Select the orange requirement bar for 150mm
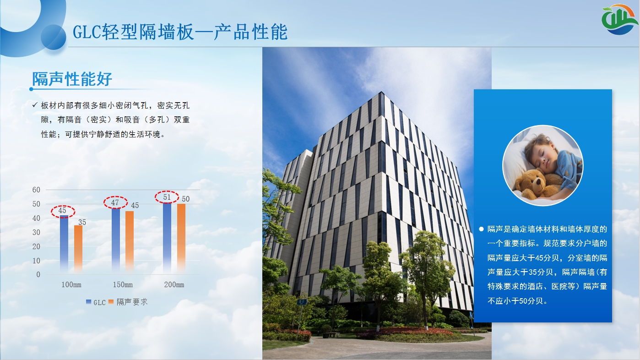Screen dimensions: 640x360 (x=130, y=242)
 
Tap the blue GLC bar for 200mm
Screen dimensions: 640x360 (x=167, y=238)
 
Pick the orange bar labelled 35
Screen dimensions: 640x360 (x=78, y=249)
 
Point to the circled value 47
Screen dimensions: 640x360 (x=115, y=202)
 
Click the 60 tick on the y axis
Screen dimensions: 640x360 (x=36, y=190)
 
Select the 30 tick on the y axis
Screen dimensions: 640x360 (x=36, y=232)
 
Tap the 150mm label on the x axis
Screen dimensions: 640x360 (x=123, y=284)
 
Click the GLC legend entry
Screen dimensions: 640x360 (x=96, y=302)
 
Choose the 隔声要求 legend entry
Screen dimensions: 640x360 (x=128, y=302)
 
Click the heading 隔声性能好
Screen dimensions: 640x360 (x=72, y=79)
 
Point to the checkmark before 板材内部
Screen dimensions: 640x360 (x=35, y=105)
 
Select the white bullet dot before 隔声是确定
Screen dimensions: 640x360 (x=482, y=229)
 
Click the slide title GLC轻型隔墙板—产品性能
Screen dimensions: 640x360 (x=180, y=32)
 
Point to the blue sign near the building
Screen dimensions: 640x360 (x=302, y=302)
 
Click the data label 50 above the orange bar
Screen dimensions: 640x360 (x=186, y=199)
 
